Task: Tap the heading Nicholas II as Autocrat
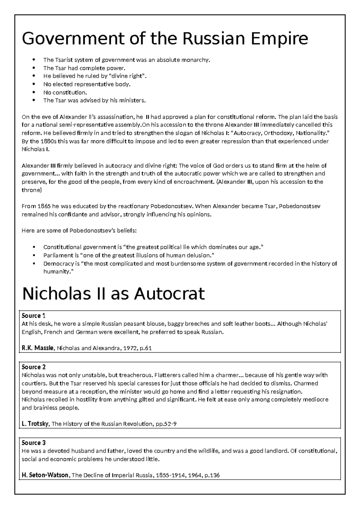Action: pos(113,294)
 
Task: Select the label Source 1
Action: pos(33,316)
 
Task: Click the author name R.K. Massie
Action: pos(38,348)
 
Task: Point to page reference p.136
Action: pos(212,475)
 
